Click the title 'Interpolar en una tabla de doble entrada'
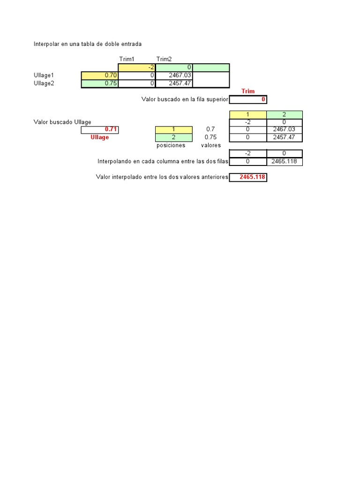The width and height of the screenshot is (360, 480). pos(88,44)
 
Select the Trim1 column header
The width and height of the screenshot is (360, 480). pos(127,59)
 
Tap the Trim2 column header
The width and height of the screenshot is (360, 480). pos(164,59)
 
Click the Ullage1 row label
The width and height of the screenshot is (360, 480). pos(44,75)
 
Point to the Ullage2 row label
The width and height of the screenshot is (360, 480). pos(44,83)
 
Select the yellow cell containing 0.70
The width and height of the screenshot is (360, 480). pos(99,75)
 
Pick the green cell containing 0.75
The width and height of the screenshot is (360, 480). pos(99,83)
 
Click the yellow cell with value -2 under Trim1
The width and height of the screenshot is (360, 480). pos(136,67)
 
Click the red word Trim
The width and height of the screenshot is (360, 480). pos(248,91)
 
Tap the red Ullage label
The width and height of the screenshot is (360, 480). pos(99,137)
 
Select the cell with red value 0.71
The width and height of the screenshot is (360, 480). pos(99,130)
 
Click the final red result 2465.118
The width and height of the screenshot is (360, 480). pos(248,177)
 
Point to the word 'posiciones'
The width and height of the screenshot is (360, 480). pos(171,145)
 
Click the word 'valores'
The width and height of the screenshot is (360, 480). pos(210,145)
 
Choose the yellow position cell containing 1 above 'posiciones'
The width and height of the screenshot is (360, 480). pos(173,129)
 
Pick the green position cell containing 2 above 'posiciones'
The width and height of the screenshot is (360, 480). pos(173,137)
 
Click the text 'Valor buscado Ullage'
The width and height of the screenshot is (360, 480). pos(62,122)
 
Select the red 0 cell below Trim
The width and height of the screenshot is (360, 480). pos(248,99)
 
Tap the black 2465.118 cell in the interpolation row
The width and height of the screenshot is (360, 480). pos(285,161)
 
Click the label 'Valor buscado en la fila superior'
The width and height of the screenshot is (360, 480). pos(185,99)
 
